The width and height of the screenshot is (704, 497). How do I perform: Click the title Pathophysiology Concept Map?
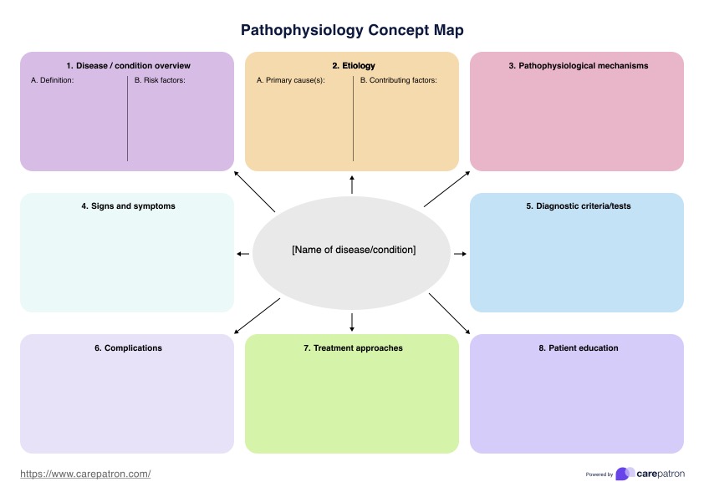tap(352, 30)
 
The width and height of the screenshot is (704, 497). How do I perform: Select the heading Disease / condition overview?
tap(128, 65)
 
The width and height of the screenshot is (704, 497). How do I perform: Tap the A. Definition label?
tap(53, 81)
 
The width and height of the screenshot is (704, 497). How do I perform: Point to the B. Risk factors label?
tap(160, 81)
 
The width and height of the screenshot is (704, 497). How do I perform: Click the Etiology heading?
tap(353, 65)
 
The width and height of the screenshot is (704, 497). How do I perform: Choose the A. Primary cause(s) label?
tap(290, 81)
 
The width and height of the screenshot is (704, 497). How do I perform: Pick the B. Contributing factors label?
tap(398, 81)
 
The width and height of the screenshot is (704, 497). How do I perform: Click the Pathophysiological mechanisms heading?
tap(578, 65)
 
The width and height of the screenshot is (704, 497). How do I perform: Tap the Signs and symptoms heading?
tap(128, 206)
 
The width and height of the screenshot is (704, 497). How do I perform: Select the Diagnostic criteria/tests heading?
tap(578, 206)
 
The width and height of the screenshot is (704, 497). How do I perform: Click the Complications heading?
tap(128, 347)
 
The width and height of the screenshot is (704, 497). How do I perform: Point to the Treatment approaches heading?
tap(353, 347)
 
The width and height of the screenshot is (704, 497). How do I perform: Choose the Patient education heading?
tap(578, 347)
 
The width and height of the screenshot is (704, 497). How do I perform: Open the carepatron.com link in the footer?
tap(85, 474)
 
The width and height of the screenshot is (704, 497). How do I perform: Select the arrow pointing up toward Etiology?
tap(352, 185)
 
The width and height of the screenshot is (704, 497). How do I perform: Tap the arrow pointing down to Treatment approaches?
tap(352, 322)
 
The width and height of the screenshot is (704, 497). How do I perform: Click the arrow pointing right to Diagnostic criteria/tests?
tap(460, 253)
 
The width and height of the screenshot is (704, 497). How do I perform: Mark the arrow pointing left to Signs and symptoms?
tap(243, 253)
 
